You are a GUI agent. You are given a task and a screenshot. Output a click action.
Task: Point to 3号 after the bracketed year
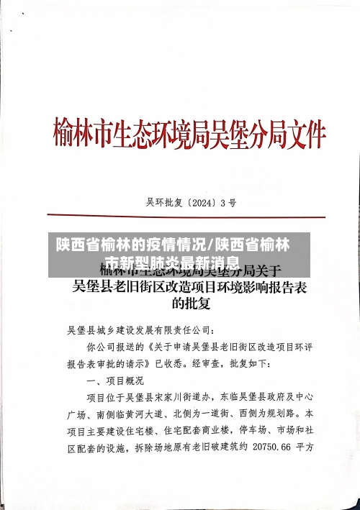(229, 203)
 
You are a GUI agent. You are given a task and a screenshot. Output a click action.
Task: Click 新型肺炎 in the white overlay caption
(161, 263)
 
